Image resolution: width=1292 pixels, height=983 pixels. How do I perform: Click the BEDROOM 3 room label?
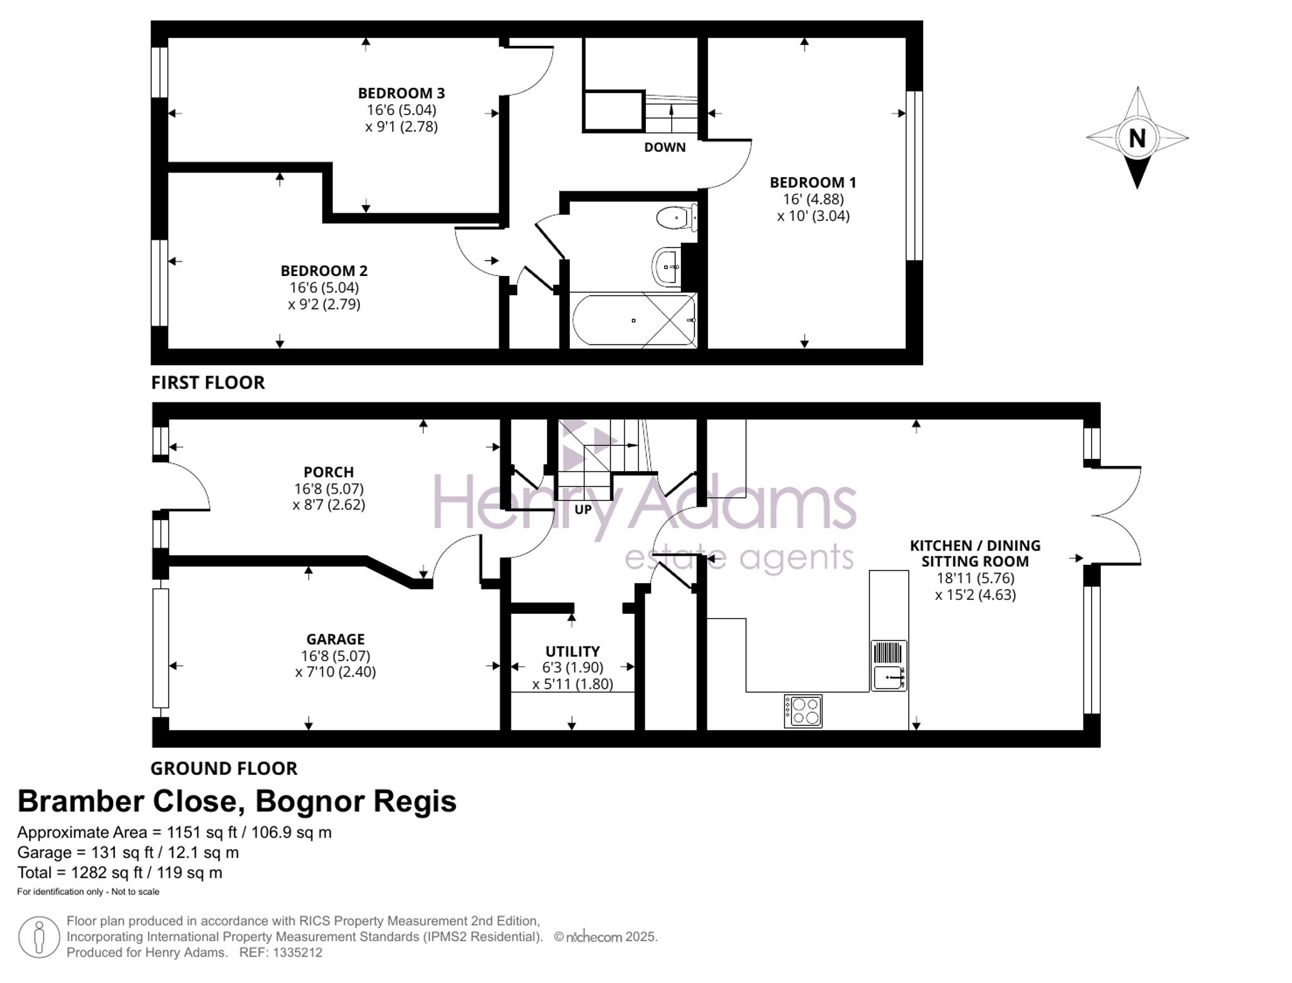[401, 93]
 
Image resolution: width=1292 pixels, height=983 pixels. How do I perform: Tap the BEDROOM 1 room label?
[813, 182]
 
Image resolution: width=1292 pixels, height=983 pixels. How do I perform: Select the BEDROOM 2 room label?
[324, 271]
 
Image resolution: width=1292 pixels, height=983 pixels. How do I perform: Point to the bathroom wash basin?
[667, 266]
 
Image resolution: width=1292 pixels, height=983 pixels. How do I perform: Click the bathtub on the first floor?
[634, 320]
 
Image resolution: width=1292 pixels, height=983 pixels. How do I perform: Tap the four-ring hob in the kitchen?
[803, 711]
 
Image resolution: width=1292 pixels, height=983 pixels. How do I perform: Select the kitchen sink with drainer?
[889, 665]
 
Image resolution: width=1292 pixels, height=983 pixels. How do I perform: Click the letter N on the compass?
[1137, 138]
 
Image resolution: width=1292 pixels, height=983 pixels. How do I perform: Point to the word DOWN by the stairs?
[665, 147]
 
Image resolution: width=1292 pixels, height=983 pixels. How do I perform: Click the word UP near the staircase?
[583, 509]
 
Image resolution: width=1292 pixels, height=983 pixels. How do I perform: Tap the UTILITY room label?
[572, 651]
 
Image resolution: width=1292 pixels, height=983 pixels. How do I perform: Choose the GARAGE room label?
[335, 639]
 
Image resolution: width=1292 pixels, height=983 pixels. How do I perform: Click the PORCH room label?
[329, 472]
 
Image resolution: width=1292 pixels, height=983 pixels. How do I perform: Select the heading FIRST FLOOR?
[208, 383]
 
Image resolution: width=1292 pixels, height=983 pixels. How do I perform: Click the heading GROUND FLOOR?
[224, 768]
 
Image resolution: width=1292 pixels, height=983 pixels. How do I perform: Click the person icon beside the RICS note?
[39, 937]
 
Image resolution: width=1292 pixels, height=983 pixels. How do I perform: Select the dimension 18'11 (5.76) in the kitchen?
[975, 578]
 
